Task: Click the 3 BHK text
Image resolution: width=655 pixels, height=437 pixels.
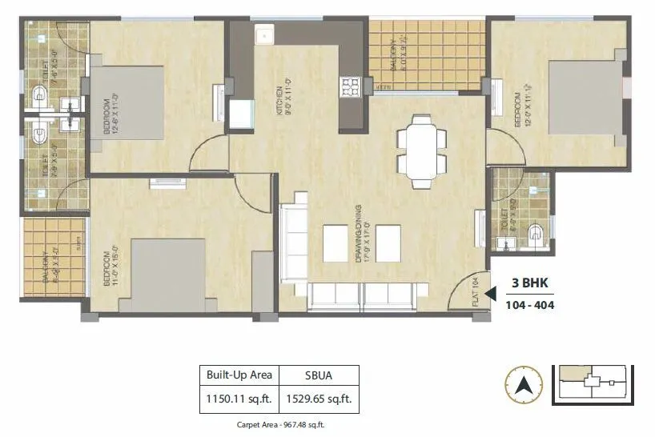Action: tap(531, 283)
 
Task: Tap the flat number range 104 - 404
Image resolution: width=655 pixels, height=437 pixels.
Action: tap(530, 305)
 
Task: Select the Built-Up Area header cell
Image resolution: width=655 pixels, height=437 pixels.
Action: tap(239, 375)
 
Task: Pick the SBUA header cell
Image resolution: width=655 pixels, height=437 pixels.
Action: tap(319, 375)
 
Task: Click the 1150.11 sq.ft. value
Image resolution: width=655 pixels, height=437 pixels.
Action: tap(239, 397)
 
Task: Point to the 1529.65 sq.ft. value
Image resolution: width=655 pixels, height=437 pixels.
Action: tap(319, 397)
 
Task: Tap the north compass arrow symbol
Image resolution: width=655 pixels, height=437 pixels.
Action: tap(524, 385)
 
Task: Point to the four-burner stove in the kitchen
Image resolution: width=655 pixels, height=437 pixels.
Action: tap(351, 86)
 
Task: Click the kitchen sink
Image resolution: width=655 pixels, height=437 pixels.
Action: tap(264, 37)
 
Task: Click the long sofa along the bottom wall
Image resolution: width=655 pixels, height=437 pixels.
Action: tap(363, 297)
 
